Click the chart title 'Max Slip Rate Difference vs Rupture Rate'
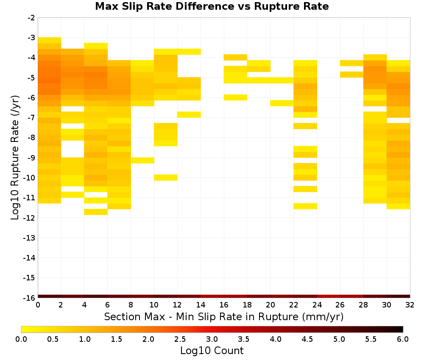(212, 6)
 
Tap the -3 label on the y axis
(31, 38)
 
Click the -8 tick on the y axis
(31, 138)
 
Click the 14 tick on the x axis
(201, 305)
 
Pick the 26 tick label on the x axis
(340, 305)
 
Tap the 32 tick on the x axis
(410, 305)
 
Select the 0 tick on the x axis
(38, 305)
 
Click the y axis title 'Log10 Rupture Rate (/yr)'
(15, 158)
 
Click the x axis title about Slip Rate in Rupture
(224, 317)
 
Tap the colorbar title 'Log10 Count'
(212, 351)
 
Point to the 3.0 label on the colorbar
(212, 339)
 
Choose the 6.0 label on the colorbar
(403, 339)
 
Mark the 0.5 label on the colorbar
(53, 339)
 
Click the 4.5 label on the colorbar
(307, 339)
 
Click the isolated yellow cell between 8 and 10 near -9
(142, 161)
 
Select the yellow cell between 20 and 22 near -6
(282, 103)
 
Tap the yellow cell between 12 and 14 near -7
(189, 114)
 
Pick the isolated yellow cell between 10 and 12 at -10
(166, 177)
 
